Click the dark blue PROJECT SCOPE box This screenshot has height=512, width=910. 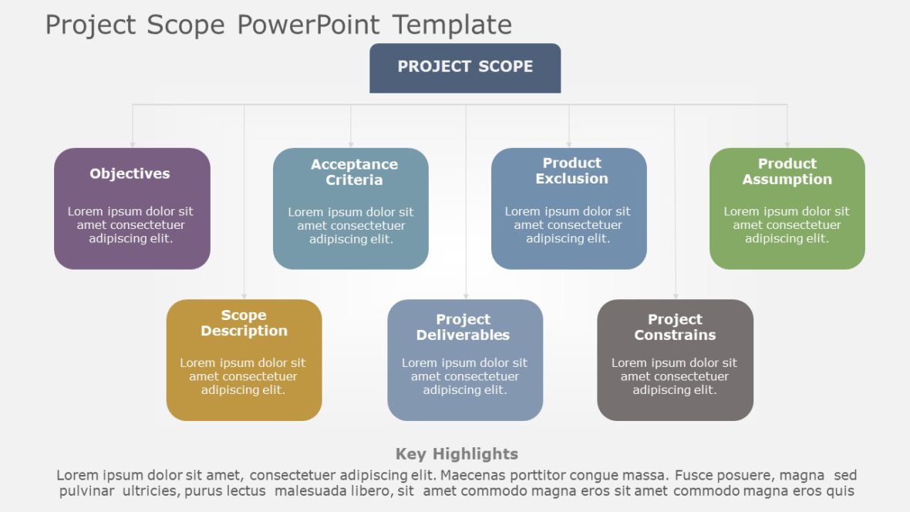tap(465, 68)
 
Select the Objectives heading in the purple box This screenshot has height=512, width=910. tap(130, 173)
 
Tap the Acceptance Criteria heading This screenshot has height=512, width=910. tap(354, 172)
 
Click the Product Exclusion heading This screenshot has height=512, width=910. tap(571, 170)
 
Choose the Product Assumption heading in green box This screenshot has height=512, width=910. tap(787, 171)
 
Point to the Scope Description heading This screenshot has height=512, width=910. tap(244, 323)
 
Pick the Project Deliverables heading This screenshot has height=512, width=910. tap(463, 327)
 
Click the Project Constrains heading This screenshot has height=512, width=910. tap(675, 327)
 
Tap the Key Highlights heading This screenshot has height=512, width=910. tap(457, 454)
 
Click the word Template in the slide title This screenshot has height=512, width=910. tap(452, 25)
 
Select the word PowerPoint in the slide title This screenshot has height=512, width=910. tap(308, 25)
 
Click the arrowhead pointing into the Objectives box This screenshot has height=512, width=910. tap(133, 143)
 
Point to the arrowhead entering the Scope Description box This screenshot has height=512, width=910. tap(244, 295)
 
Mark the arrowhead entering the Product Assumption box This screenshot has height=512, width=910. tap(787, 143)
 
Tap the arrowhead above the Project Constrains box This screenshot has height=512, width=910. tap(676, 295)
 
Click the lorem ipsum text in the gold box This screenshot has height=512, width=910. tap(243, 376)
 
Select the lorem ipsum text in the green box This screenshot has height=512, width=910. tap(787, 224)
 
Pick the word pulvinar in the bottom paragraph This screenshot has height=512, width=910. tap(86, 490)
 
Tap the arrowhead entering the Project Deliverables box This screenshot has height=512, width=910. tap(466, 295)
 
